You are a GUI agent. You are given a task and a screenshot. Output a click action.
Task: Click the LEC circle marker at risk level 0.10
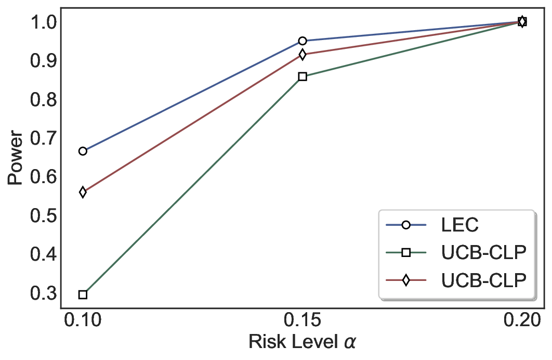pos(83,151)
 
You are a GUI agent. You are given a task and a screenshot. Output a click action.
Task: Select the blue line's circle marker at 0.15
pos(303,41)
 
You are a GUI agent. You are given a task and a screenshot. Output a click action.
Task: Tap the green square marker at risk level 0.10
pos(83,294)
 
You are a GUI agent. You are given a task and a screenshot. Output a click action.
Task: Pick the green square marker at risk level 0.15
pos(303,76)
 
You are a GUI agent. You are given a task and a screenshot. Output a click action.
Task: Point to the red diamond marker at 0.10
pos(83,192)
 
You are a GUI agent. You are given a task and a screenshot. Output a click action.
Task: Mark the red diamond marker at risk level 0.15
pos(303,55)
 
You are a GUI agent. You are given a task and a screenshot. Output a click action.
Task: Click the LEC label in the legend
pos(459,225)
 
